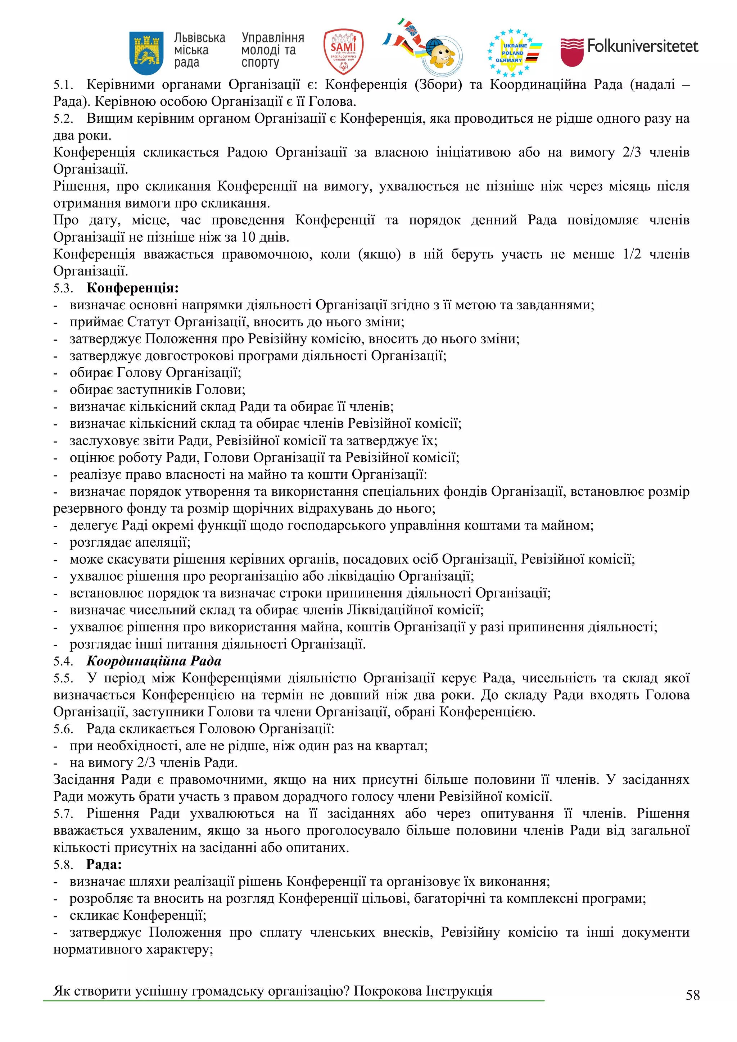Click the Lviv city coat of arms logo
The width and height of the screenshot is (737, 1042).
146,53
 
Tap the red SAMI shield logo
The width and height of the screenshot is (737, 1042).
343,52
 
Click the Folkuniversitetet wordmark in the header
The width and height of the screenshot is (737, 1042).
642,46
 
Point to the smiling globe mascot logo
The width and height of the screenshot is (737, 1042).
440,55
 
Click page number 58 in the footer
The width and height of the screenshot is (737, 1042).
692,995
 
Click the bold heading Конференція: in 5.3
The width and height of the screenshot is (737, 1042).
132,288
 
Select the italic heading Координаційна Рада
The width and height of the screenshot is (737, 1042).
154,661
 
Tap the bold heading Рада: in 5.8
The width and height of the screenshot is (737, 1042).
104,865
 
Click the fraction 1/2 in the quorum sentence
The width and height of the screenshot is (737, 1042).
632,254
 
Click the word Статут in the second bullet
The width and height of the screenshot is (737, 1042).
149,322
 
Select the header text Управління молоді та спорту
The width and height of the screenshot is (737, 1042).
272,50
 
